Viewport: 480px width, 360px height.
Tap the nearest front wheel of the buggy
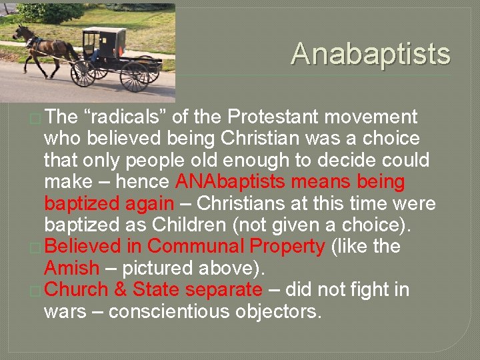tap(83, 73)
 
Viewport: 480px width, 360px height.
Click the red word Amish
tap(71, 269)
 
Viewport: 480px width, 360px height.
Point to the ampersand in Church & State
tap(120, 290)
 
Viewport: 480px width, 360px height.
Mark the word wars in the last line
tap(65, 311)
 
